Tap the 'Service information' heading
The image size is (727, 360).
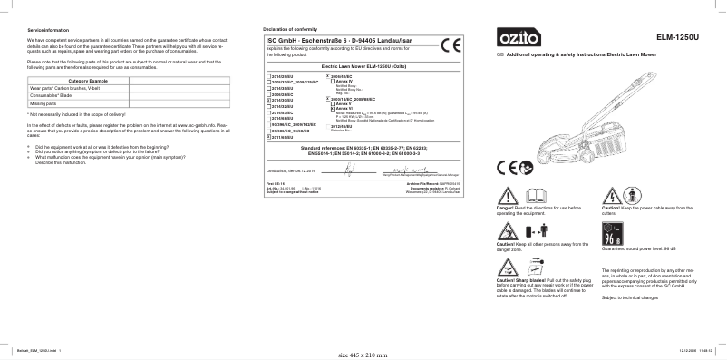[x=48, y=31]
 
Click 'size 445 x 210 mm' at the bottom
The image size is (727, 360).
[x=363, y=353]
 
